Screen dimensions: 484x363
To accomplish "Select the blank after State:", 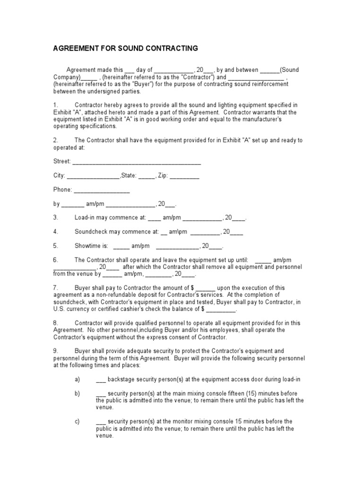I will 147,176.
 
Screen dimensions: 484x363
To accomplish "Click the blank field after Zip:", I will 184,176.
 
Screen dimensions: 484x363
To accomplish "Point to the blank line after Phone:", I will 102,190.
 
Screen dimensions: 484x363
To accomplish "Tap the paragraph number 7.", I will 55,287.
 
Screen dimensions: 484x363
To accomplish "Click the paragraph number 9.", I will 55,351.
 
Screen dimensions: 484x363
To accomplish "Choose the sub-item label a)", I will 78,380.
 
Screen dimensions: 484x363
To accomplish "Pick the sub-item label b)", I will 78,393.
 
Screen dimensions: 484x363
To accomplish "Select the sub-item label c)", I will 78,421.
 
